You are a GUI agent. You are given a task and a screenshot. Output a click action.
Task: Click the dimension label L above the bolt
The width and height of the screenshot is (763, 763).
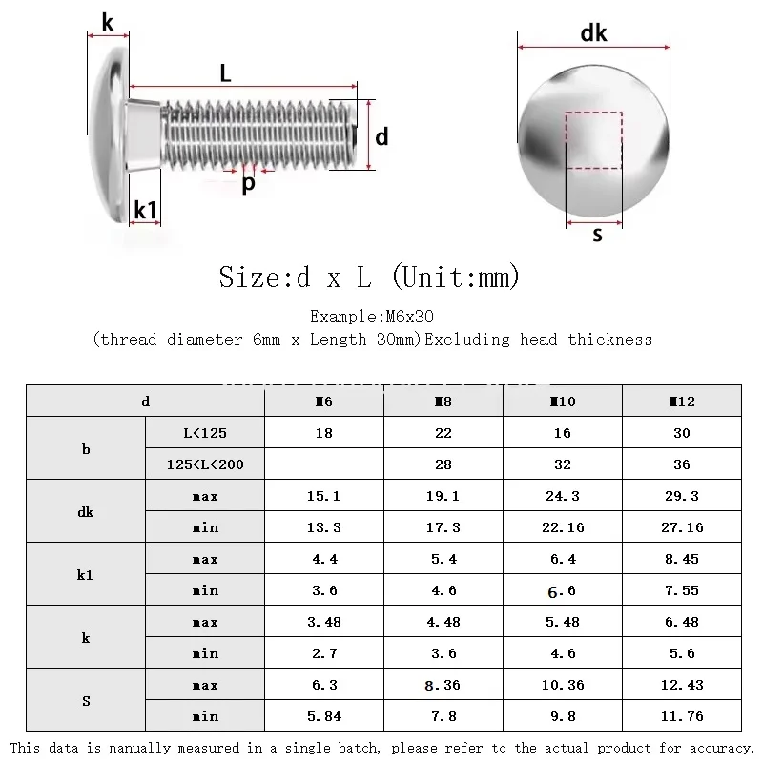click(x=226, y=72)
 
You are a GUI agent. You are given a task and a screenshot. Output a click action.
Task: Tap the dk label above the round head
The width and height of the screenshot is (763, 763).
click(x=593, y=33)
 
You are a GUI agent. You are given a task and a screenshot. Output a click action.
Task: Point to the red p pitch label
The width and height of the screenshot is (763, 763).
click(x=248, y=184)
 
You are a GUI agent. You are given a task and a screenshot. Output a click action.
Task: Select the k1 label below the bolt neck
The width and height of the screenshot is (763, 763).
click(x=145, y=210)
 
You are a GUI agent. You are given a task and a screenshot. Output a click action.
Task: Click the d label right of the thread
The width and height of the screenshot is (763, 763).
click(x=381, y=137)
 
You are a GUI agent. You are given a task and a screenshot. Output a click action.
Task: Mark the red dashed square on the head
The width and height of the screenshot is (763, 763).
click(x=593, y=140)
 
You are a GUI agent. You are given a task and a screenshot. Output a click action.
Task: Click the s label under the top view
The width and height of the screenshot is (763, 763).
click(x=597, y=235)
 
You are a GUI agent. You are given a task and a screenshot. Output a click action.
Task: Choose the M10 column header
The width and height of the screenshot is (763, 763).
click(x=563, y=402)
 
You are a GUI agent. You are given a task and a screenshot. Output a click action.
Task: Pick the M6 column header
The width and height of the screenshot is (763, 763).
click(x=324, y=402)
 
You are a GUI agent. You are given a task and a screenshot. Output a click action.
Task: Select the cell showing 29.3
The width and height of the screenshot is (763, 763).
click(x=682, y=496)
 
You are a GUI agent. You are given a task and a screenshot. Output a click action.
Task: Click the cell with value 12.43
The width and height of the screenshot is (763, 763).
click(x=682, y=685)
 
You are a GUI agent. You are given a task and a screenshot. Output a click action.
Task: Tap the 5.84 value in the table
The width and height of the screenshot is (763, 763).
click(x=324, y=716)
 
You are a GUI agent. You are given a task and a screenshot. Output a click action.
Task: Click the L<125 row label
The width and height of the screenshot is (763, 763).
click(x=205, y=433)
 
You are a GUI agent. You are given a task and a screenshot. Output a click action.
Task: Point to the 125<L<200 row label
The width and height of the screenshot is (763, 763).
click(x=205, y=464)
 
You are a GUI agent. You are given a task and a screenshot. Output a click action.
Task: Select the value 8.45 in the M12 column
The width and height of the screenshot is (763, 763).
click(x=682, y=559)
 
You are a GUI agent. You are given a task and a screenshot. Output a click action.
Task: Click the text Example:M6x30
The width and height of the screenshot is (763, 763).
click(x=372, y=317)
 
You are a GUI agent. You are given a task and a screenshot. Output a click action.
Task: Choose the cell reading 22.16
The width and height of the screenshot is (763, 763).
click(x=563, y=527)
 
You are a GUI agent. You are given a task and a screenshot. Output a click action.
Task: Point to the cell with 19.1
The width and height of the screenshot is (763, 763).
click(x=443, y=496)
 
